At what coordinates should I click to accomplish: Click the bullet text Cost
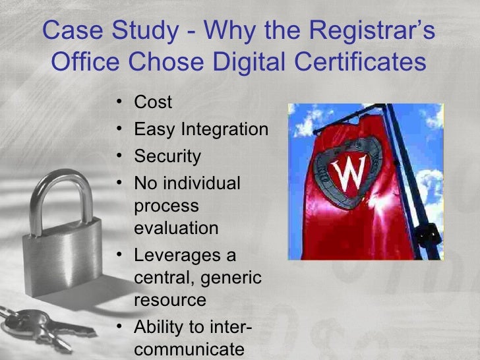(153, 102)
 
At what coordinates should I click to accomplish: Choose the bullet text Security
(167, 156)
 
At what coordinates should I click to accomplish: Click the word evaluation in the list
(175, 228)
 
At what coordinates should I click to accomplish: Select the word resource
(170, 300)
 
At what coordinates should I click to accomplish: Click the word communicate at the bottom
(189, 349)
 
